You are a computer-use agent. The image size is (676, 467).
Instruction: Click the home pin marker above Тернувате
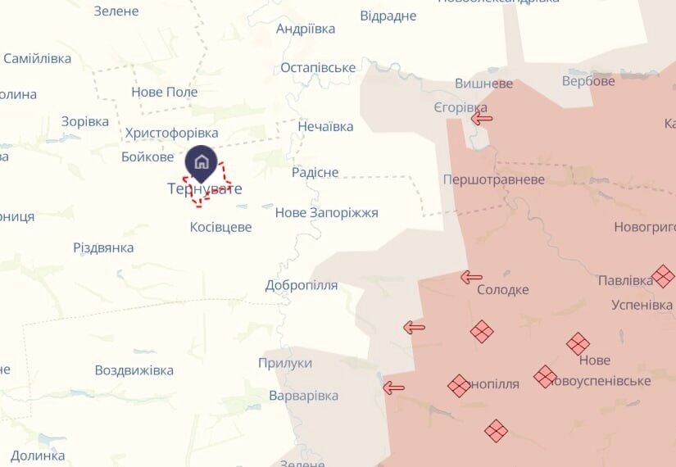[x=202, y=163]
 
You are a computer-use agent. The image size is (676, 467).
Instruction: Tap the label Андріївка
[x=306, y=29]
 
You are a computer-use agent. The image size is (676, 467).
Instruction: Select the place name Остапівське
[x=318, y=68]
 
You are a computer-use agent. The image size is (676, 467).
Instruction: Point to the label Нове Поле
[x=165, y=92]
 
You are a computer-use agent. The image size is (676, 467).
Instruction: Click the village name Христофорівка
[x=172, y=133]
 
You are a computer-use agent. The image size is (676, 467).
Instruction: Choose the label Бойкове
[x=147, y=156]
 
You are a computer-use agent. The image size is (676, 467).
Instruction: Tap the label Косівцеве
[x=220, y=227]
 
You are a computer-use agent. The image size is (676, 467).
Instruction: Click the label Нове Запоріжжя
[x=326, y=213]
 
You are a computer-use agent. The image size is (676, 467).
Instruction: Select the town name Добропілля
[x=302, y=285]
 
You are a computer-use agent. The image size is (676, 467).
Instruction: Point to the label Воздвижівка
[x=134, y=370]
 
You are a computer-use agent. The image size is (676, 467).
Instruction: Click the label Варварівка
[x=303, y=396]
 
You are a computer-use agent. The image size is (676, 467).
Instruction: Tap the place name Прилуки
[x=285, y=363]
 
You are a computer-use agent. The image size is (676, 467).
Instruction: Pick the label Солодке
[x=503, y=290]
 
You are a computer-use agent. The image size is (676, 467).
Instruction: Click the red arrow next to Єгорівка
[x=482, y=119]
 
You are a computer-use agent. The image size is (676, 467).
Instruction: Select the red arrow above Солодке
[x=471, y=277]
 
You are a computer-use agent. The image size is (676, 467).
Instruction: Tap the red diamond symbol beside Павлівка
[x=663, y=276]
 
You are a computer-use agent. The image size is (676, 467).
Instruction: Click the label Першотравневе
[x=493, y=179]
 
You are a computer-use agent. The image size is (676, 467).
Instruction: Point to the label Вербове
[x=588, y=81]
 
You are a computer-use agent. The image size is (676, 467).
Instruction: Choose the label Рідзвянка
[x=103, y=247]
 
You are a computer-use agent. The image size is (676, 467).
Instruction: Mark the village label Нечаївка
[x=325, y=126]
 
